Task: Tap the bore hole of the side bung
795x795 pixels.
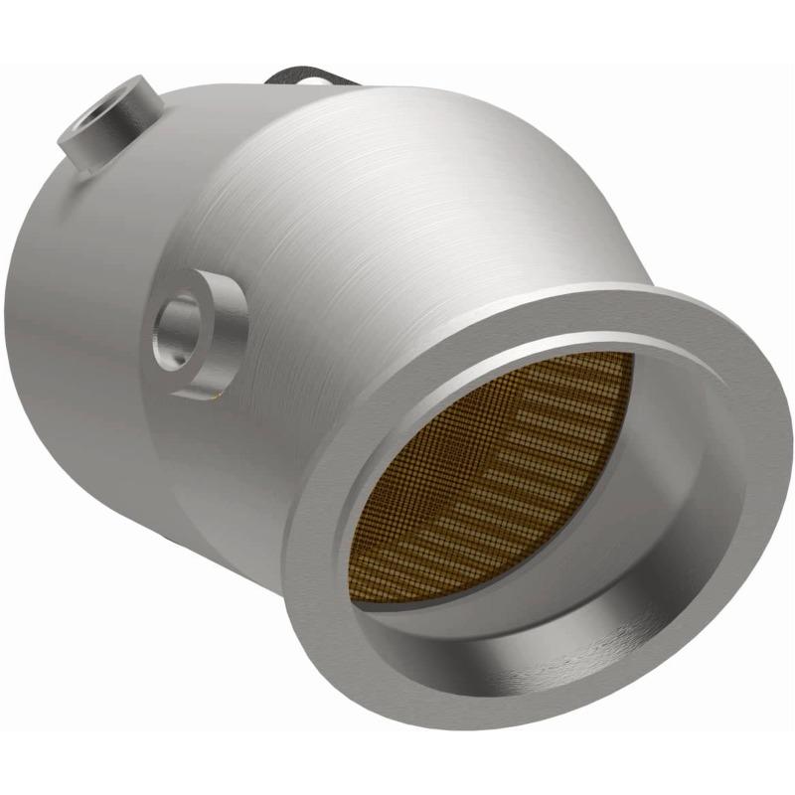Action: (176, 328)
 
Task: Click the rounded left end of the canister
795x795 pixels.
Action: (40, 298)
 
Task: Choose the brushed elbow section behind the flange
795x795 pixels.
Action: (417, 199)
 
